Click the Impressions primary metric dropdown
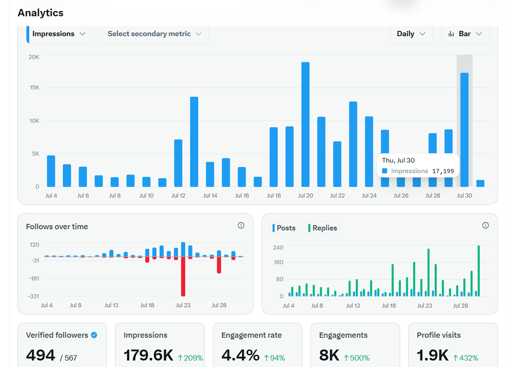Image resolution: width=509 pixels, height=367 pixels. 59,34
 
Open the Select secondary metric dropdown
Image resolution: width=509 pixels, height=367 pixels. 155,34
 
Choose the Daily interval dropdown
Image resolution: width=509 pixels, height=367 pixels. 411,34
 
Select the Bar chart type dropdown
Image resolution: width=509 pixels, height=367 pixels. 465,34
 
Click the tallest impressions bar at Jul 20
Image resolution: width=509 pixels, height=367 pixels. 305,124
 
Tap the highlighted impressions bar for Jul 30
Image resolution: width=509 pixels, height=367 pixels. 464,130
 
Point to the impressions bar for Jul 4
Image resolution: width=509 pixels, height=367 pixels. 51,171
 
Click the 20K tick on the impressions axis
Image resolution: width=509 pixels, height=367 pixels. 34,57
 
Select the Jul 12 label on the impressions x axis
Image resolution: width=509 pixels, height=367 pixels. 179,196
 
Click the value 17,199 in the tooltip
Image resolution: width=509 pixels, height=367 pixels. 443,171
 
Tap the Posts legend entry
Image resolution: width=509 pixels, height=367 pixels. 284,228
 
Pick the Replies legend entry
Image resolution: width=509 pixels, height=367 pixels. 323,228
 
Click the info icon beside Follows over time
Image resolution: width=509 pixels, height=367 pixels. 241,225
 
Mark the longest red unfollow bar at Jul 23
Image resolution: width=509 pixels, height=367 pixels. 183,276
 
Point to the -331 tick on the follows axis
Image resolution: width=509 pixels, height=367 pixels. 34,296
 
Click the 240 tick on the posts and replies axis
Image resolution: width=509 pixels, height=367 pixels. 278,247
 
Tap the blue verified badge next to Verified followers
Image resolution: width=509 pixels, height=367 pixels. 94,335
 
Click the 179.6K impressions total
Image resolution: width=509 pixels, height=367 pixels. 148,355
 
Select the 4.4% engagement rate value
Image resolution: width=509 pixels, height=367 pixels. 241,355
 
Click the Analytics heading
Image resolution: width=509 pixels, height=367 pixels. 40,13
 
